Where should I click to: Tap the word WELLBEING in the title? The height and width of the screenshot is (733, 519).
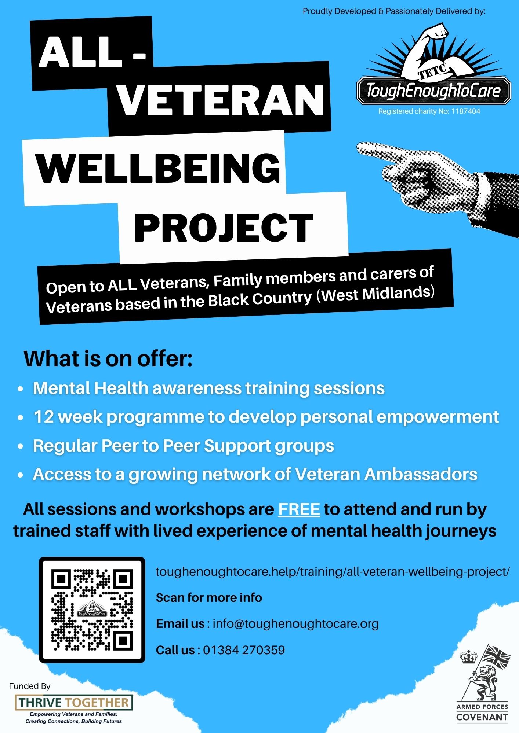[158, 167]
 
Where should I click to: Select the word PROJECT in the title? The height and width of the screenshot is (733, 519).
[224, 228]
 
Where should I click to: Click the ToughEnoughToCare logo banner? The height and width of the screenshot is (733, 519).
[433, 91]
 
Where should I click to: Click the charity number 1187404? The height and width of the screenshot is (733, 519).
[465, 111]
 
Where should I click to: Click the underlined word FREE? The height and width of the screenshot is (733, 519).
[299, 509]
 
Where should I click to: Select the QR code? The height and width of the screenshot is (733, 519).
[92, 610]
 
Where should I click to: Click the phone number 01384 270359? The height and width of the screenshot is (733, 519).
[244, 650]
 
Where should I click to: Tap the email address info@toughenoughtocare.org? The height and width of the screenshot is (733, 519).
[295, 624]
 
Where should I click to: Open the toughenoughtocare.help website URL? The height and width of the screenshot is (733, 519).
[333, 572]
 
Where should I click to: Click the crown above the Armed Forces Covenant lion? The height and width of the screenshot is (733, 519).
[469, 657]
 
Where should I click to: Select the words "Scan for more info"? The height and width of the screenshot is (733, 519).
[209, 598]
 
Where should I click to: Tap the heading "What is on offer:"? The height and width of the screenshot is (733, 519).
[108, 358]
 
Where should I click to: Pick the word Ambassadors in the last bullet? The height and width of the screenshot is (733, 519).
[421, 474]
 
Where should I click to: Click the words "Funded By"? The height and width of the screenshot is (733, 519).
[30, 686]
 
